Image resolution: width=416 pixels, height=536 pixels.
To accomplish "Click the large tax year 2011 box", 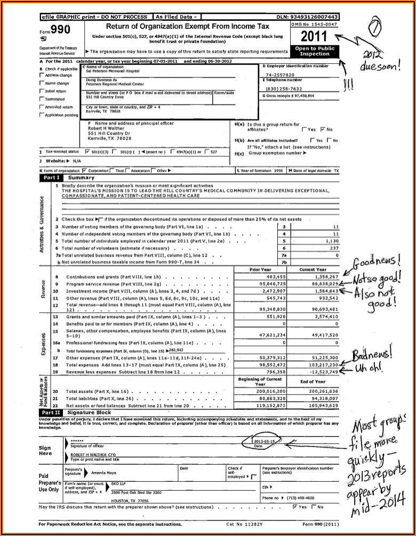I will [315, 36].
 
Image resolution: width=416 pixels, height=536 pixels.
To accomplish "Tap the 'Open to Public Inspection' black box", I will [315, 51].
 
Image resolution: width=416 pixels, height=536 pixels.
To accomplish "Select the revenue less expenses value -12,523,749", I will [322, 371].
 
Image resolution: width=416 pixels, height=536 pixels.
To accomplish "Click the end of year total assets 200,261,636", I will [319, 391].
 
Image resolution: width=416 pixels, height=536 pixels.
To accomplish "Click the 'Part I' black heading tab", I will [52, 177].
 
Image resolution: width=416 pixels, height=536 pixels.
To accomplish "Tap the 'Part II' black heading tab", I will [52, 412].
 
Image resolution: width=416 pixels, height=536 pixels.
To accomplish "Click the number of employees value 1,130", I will [332, 241].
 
